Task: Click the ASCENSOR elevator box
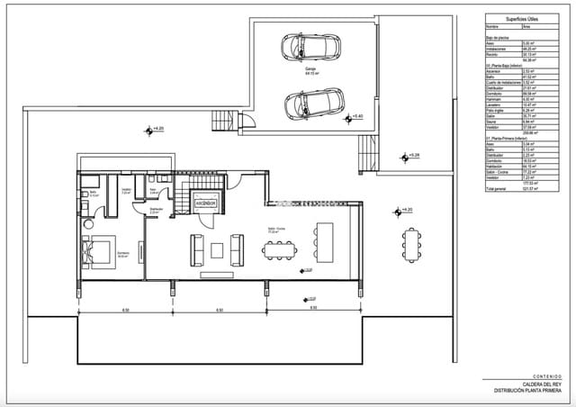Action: [x=208, y=202]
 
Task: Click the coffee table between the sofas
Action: [x=217, y=248]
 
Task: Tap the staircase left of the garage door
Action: [x=220, y=119]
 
